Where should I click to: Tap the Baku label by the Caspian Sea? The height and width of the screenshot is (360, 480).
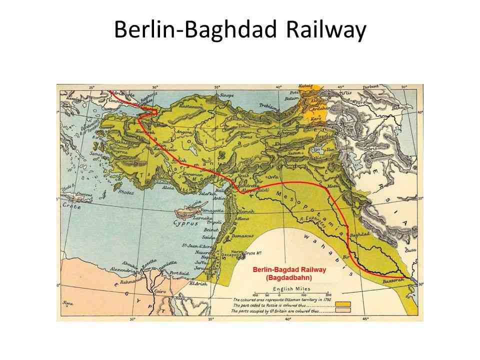click(x=398, y=107)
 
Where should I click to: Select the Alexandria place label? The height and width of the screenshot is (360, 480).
click(x=123, y=269)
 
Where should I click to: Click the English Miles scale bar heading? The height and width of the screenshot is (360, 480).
click(x=291, y=288)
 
